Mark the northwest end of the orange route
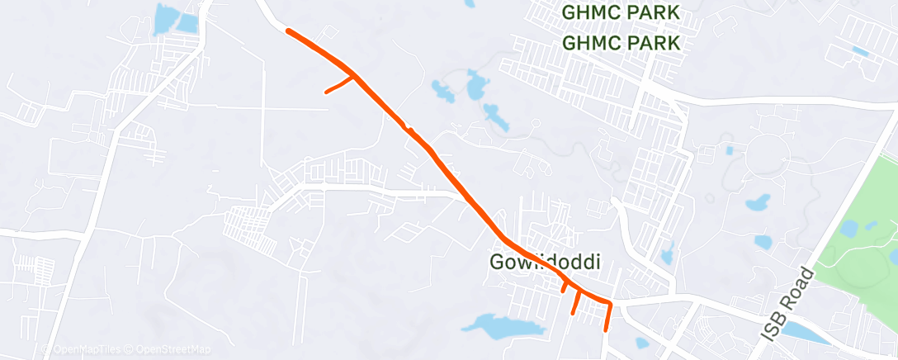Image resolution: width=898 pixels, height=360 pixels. tap(288, 31)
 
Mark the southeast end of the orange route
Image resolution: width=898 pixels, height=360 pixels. tap(607, 329)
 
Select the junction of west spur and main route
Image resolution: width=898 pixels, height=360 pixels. tap(355, 77)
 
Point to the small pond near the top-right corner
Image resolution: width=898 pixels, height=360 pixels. tap(859, 51)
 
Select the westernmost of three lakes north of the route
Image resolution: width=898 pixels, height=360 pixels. tap(442, 90)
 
